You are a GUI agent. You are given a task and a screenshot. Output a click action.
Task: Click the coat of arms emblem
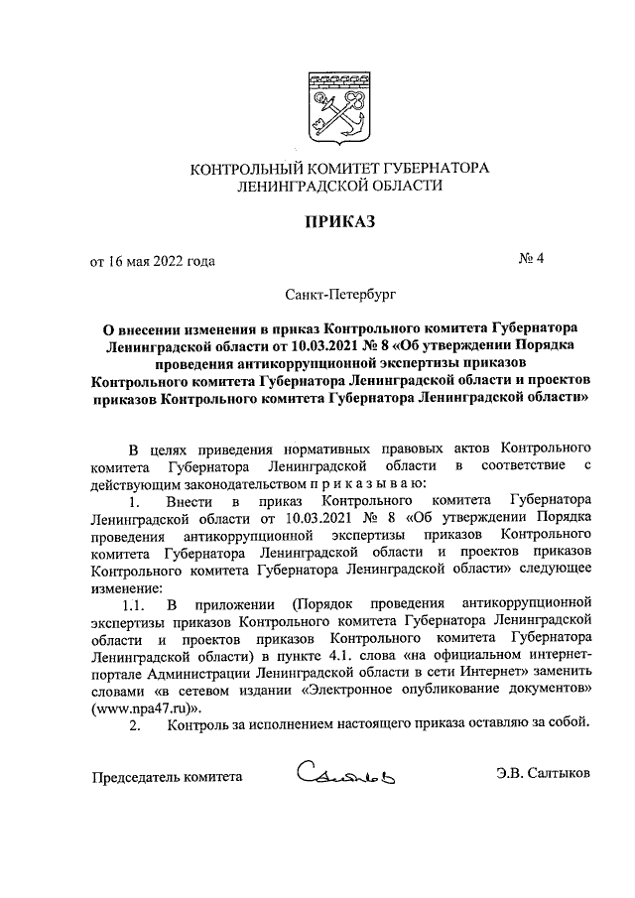point(340,105)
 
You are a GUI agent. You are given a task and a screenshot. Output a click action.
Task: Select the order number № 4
point(531,261)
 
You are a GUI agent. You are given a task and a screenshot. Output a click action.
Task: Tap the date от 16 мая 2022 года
point(152,262)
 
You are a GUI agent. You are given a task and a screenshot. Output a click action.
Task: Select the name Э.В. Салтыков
point(544,775)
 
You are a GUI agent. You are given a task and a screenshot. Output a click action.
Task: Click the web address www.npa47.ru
point(136,707)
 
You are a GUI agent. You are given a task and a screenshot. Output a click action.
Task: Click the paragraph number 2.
point(136,725)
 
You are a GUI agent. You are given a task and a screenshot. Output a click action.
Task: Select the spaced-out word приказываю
point(366,483)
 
